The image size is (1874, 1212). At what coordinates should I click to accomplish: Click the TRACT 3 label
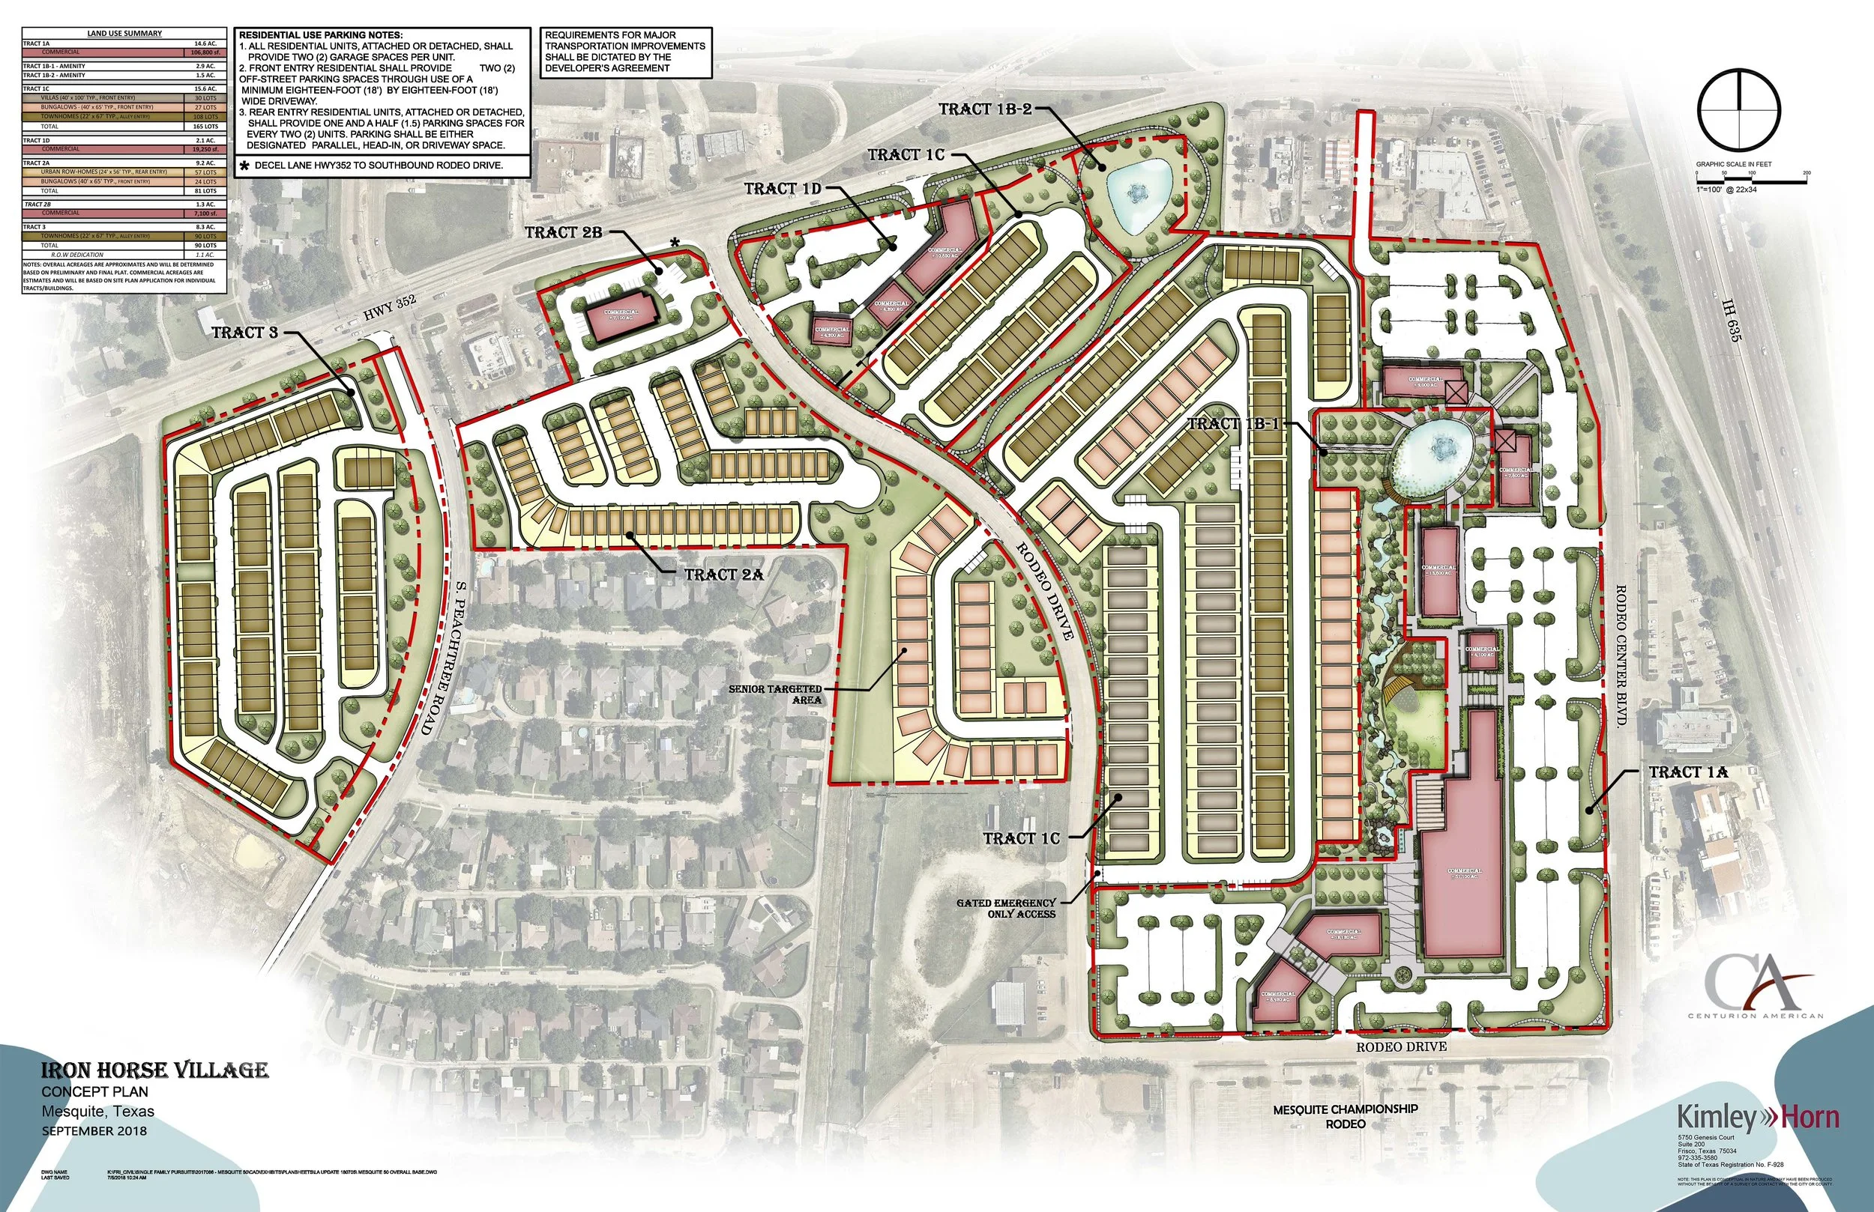tap(245, 333)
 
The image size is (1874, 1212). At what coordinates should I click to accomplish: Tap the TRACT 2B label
tap(563, 233)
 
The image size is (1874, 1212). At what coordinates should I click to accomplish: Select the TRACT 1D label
tap(783, 189)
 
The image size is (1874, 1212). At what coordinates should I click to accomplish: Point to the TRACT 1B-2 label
tap(984, 109)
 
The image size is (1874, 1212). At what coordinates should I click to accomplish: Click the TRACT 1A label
tap(1688, 773)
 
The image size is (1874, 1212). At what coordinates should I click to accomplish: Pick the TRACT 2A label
tap(723, 575)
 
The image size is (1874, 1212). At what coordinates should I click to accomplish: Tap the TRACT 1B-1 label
tap(1234, 424)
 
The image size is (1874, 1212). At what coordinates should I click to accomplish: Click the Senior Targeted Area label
tap(775, 694)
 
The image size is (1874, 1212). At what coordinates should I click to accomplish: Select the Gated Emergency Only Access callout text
tap(1006, 908)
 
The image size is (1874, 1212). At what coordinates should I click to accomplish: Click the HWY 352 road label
tap(389, 309)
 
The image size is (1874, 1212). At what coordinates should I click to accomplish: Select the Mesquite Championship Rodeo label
tap(1345, 1116)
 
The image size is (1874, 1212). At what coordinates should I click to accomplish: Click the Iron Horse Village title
tap(154, 1070)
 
